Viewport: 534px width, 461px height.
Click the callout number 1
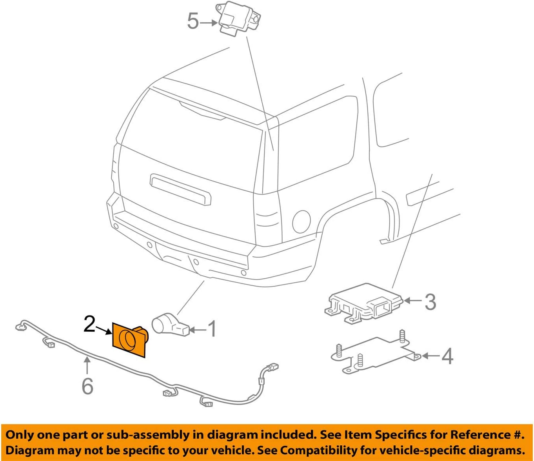point(212,329)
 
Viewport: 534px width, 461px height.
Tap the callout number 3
point(430,302)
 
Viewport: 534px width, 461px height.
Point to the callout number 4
point(447,356)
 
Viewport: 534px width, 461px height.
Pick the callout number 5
point(193,21)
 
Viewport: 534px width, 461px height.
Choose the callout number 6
point(87,386)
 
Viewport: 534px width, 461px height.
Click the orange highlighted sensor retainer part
point(129,339)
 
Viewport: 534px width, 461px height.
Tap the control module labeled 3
point(363,304)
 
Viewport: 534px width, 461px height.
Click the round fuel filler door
point(301,222)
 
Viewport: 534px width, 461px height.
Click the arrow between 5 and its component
point(209,22)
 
